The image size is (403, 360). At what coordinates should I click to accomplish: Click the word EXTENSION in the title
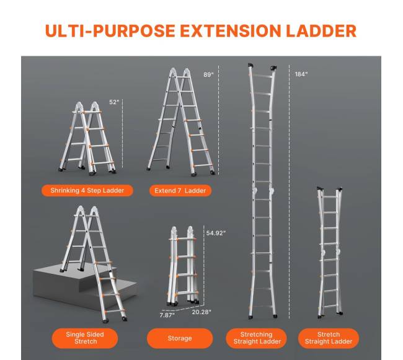pyautogui.click(x=230, y=31)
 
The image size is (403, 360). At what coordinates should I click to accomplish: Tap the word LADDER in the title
pyautogui.click(x=321, y=31)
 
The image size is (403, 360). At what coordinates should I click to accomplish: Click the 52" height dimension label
pyautogui.click(x=114, y=102)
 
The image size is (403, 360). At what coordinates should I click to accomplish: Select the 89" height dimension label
pyautogui.click(x=208, y=74)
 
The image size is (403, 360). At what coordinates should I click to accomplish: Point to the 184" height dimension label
pyautogui.click(x=301, y=74)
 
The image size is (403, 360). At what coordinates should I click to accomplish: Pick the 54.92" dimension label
pyautogui.click(x=216, y=233)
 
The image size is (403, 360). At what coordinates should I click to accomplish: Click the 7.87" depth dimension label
pyautogui.click(x=167, y=315)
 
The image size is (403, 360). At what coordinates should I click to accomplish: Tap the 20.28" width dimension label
pyautogui.click(x=201, y=312)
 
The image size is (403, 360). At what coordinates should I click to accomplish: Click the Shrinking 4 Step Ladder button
pyautogui.click(x=87, y=190)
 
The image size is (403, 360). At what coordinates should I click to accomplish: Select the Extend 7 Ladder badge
pyautogui.click(x=180, y=190)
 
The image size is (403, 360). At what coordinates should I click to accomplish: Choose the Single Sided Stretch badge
pyautogui.click(x=85, y=338)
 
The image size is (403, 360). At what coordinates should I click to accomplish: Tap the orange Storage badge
pyautogui.click(x=180, y=338)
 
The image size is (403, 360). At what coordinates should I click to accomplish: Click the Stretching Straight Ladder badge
pyautogui.click(x=257, y=338)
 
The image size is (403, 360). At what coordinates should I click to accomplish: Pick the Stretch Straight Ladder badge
pyautogui.click(x=329, y=338)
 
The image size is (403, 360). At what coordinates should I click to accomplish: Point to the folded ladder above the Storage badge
pyautogui.click(x=183, y=266)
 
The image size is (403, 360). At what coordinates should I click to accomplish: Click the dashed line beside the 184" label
pyautogui.click(x=290, y=191)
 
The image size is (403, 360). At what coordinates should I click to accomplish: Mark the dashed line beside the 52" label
pyautogui.click(x=123, y=133)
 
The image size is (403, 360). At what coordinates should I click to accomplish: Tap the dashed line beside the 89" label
pyautogui.click(x=219, y=120)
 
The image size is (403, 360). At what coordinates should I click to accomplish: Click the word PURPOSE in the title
pyautogui.click(x=134, y=31)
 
